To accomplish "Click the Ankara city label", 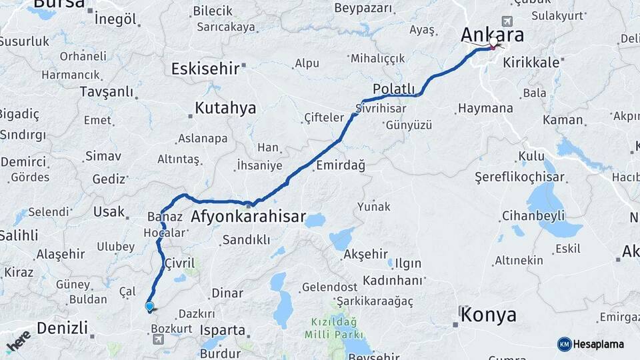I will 493,35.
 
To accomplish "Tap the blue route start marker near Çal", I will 149,307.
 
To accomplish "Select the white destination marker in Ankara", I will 493,43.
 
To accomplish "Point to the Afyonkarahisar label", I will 248,217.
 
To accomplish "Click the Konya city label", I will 489,314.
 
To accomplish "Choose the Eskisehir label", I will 205,69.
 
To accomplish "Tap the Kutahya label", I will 225,108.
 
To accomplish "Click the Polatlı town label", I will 394,89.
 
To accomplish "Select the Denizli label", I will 62,328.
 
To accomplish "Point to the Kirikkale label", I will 531,61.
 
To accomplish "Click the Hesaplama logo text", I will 599,344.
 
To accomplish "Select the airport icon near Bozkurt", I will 158,340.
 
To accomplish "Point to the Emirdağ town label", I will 341,166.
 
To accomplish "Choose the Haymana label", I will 486,108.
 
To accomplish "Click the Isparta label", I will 223,330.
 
